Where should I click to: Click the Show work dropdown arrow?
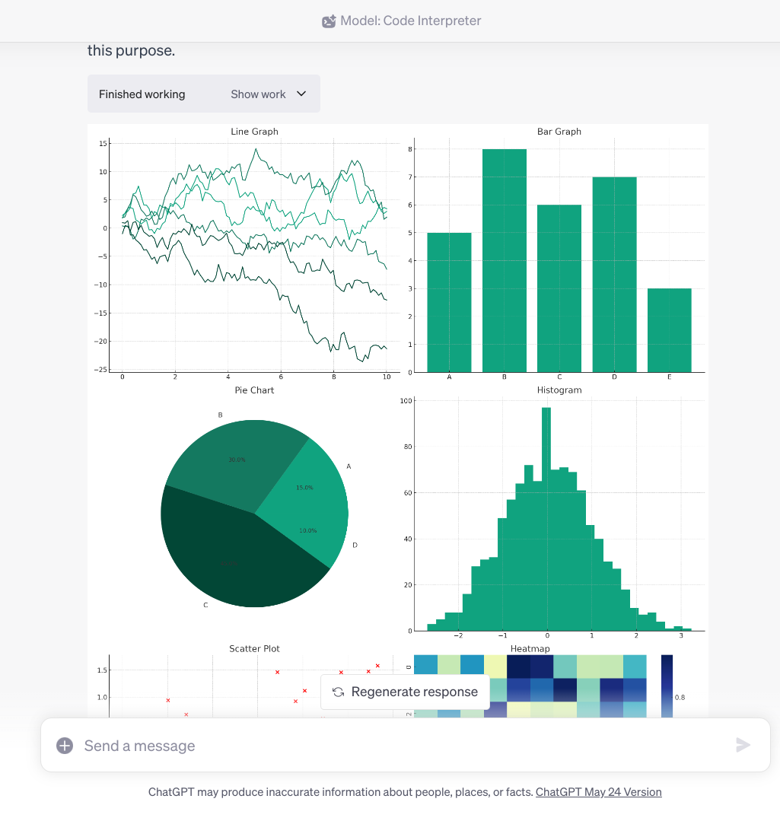coord(301,94)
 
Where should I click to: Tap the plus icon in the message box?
coord(65,746)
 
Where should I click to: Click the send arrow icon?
coord(743,746)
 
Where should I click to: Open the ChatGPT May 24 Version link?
coord(598,792)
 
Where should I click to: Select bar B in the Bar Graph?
coord(504,260)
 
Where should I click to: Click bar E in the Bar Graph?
coord(669,330)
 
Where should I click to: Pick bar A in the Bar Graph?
coord(449,302)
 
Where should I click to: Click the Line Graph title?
coord(254,132)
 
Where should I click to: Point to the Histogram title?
coord(559,390)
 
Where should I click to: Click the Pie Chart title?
coord(254,390)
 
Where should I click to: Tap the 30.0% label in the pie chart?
coord(237,460)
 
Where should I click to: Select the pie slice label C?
coord(205,605)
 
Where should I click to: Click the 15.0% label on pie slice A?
coord(304,488)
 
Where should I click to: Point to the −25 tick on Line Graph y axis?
coord(100,370)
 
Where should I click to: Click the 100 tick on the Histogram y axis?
coord(406,401)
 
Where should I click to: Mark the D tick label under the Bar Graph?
coord(614,377)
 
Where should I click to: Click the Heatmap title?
coord(530,649)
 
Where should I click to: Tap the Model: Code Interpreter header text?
coord(410,21)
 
